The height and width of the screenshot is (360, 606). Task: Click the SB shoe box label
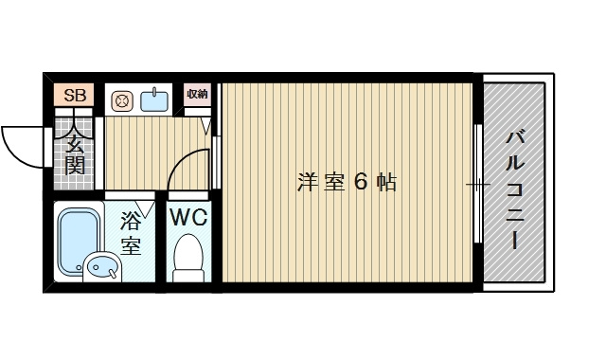pos(75,96)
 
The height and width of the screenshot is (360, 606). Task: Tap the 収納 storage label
pos(197,94)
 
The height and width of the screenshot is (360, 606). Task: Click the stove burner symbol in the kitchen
pos(121,99)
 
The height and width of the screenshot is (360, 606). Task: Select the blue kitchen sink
pos(154,99)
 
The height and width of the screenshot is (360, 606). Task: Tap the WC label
pos(188,216)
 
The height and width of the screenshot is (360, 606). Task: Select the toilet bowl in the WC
pos(189,256)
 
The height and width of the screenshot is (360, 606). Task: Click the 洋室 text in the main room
pos(320,182)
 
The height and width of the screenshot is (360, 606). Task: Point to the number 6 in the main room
pos(361,182)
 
